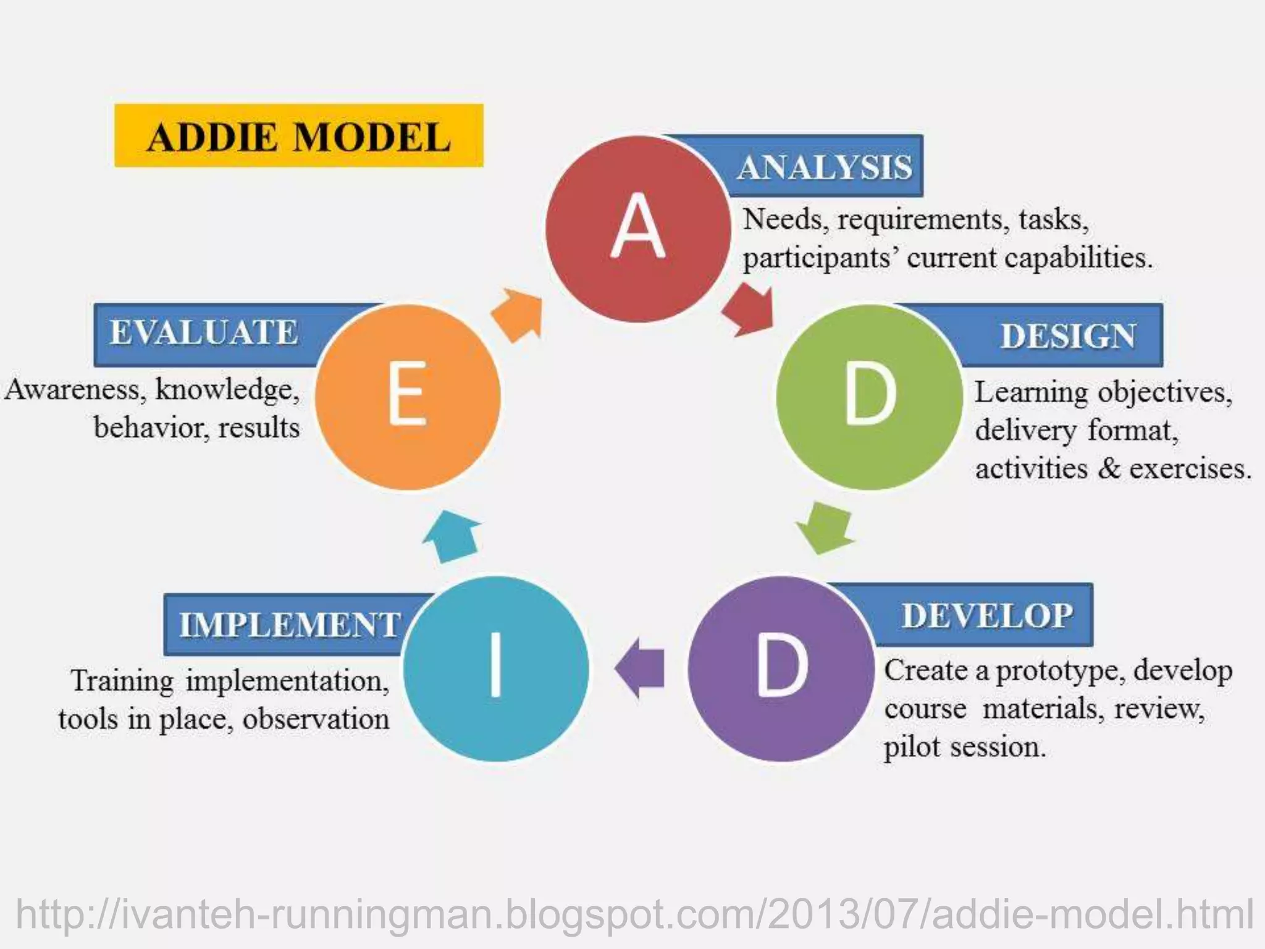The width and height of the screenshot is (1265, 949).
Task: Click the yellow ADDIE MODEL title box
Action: pyautogui.click(x=299, y=135)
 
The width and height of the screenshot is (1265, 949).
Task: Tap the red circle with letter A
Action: pyautogui.click(x=638, y=229)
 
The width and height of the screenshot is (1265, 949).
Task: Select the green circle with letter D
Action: pyautogui.click(x=869, y=397)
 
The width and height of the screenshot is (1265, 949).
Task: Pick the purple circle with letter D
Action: pyautogui.click(x=781, y=669)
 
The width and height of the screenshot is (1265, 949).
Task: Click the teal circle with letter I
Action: pyautogui.click(x=496, y=669)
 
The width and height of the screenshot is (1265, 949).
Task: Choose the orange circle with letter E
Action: pyautogui.click(x=408, y=397)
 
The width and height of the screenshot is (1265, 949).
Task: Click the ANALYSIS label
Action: pyautogui.click(x=825, y=167)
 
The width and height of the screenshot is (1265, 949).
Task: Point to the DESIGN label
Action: pyautogui.click(x=1068, y=336)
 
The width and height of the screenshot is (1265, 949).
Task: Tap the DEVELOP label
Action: pyautogui.click(x=987, y=615)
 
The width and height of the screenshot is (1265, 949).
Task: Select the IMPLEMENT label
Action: pyautogui.click(x=290, y=624)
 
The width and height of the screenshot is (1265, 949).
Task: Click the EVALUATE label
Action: pyautogui.click(x=204, y=332)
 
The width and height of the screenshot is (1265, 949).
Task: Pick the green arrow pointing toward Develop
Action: pyautogui.click(x=825, y=527)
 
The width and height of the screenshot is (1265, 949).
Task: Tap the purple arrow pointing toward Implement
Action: pyautogui.click(x=641, y=668)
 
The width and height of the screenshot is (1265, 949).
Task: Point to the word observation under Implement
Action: pyautogui.click(x=316, y=719)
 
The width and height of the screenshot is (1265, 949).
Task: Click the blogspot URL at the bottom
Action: pyautogui.click(x=635, y=914)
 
